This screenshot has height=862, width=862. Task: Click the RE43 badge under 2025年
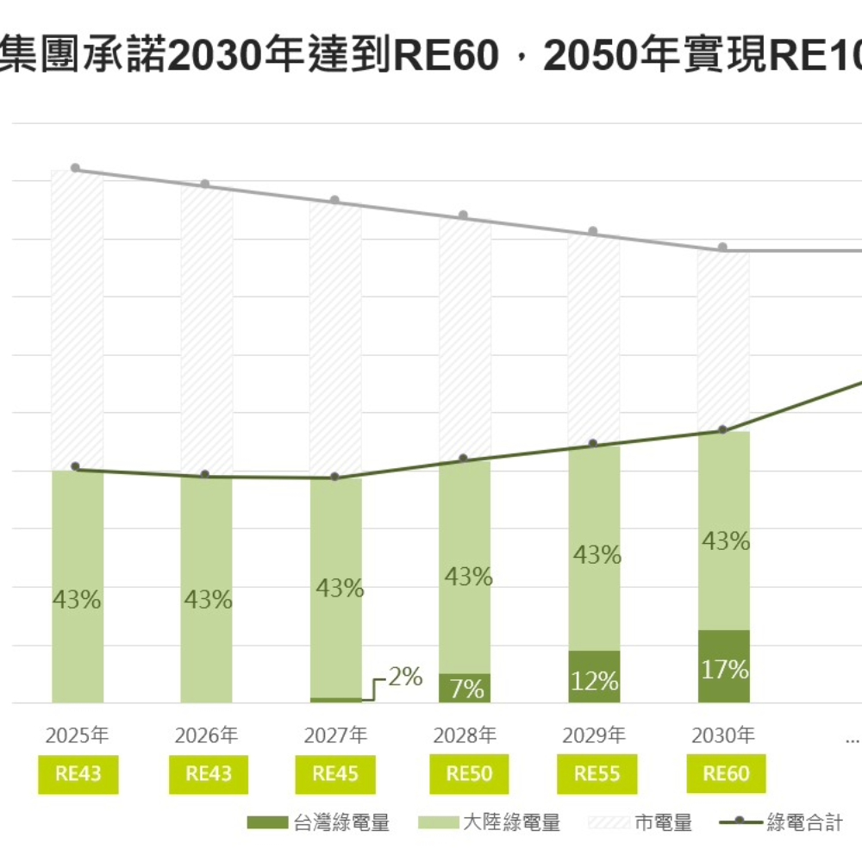coord(78,774)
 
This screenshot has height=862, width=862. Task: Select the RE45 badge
coord(335,774)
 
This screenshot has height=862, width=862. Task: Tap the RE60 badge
coord(726,774)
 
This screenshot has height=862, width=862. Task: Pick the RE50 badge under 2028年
coord(469,774)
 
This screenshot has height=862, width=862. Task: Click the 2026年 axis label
coord(207,736)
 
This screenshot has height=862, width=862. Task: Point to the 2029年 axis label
coord(594,736)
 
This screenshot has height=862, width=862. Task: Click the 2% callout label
coord(404,678)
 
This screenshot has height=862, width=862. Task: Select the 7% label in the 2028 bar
coord(465,690)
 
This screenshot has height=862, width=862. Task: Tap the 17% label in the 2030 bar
coord(725,669)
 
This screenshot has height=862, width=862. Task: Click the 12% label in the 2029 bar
coord(595,680)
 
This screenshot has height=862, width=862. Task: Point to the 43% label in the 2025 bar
coord(78,600)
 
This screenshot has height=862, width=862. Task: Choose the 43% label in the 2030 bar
coord(725,541)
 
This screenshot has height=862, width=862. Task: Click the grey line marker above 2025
coord(76,168)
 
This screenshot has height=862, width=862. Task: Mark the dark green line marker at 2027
coord(335,477)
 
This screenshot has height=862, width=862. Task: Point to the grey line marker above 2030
coord(723,247)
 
